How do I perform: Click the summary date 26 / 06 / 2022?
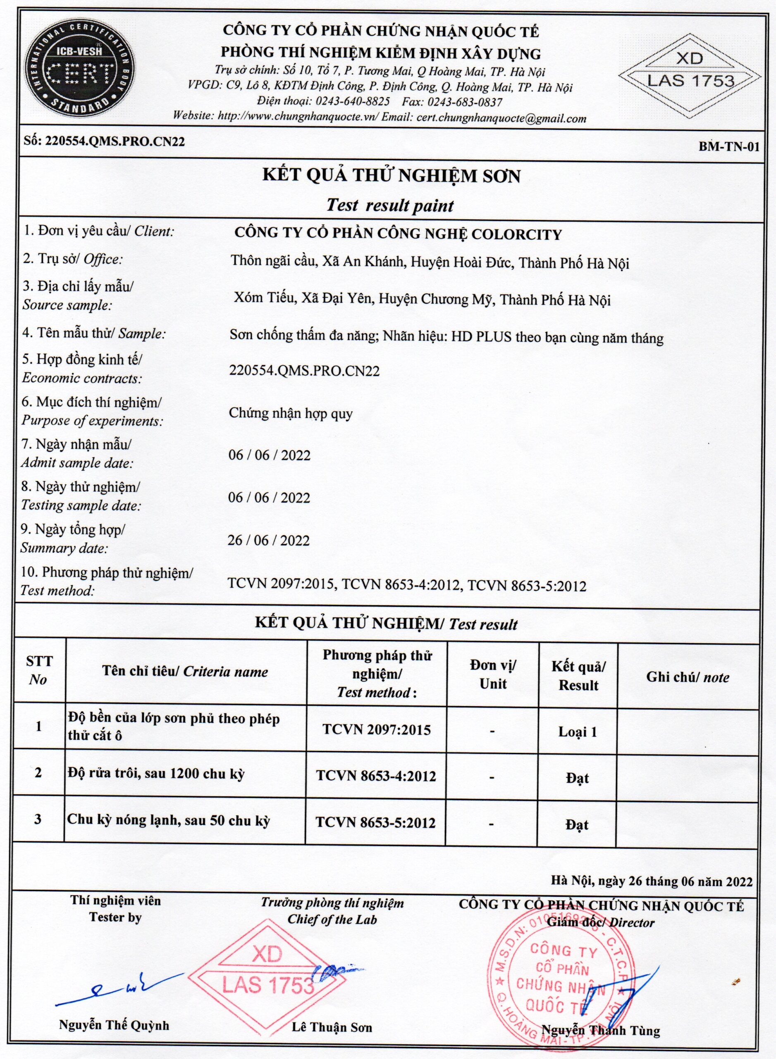tap(269, 540)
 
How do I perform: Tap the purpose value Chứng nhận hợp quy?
tap(290, 414)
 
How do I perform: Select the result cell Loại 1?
tap(577, 731)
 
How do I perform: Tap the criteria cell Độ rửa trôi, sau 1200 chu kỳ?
tap(156, 774)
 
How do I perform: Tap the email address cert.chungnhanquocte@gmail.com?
tap(501, 118)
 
